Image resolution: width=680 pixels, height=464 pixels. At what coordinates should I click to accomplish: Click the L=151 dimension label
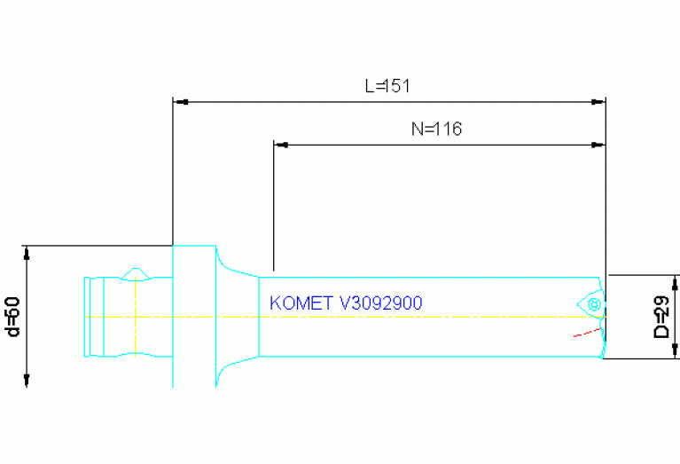(x=387, y=87)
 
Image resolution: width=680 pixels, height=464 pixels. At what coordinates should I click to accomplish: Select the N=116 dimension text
(x=437, y=129)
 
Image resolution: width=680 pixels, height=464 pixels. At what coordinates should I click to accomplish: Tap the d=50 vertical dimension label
(x=12, y=317)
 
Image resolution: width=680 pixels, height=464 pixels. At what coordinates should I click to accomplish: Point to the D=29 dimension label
(x=661, y=318)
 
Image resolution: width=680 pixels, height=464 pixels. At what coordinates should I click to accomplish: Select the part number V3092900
(x=381, y=303)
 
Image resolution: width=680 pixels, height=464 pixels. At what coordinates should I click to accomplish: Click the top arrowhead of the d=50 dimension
(x=27, y=253)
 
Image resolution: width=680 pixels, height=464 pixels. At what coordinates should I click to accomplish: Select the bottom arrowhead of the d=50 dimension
(x=27, y=379)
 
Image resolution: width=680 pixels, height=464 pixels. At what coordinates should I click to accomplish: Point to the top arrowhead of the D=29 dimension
(x=675, y=283)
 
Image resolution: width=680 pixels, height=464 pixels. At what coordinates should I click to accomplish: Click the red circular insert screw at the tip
(x=593, y=304)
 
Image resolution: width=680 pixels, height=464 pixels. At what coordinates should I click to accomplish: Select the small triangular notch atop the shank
(x=135, y=271)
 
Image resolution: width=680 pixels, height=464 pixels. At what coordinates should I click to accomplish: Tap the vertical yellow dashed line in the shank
(x=134, y=317)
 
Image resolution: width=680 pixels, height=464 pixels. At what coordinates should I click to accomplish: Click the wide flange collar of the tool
(x=193, y=316)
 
